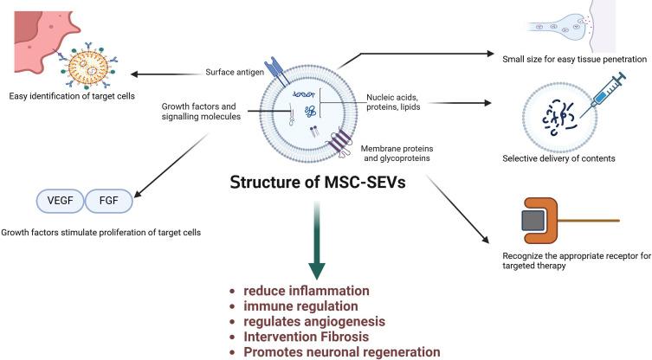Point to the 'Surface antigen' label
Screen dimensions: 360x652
coord(235,73)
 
